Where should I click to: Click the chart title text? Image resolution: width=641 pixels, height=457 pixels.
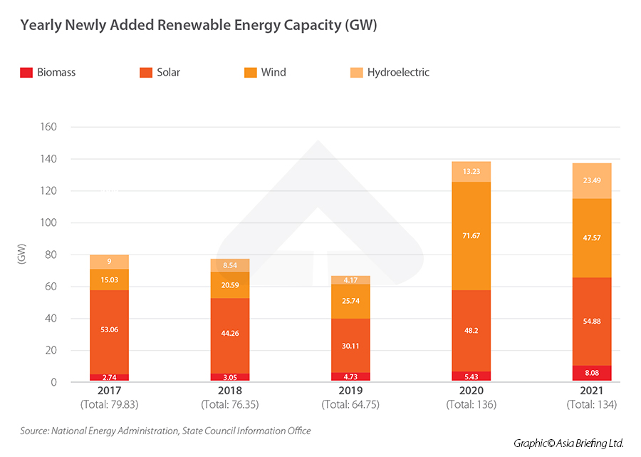pos(198,26)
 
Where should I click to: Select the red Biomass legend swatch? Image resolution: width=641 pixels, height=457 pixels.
pos(26,72)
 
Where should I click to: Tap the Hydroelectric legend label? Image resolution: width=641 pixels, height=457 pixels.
pos(398,72)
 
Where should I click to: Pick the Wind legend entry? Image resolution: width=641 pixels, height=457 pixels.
pos(273,72)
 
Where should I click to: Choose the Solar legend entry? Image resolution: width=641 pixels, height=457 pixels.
pos(169,72)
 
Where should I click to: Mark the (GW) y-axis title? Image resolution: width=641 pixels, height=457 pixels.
pos(21,255)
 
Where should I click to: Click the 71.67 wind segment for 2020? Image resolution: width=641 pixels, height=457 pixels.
pos(471,236)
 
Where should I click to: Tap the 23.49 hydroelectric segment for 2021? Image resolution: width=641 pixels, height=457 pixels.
pos(591,181)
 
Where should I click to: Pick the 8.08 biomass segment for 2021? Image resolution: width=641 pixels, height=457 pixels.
pos(591,374)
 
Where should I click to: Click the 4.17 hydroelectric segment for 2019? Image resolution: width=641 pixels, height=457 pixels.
pos(350,280)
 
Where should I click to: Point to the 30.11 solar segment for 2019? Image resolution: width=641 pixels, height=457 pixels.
pos(350,345)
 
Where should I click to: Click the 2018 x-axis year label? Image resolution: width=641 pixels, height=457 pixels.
pos(229,391)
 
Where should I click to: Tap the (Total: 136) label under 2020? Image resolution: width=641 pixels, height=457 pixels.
pos(471,404)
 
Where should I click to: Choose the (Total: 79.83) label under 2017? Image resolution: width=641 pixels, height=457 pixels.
pos(109,404)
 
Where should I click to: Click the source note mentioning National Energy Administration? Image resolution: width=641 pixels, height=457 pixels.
pos(165,431)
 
